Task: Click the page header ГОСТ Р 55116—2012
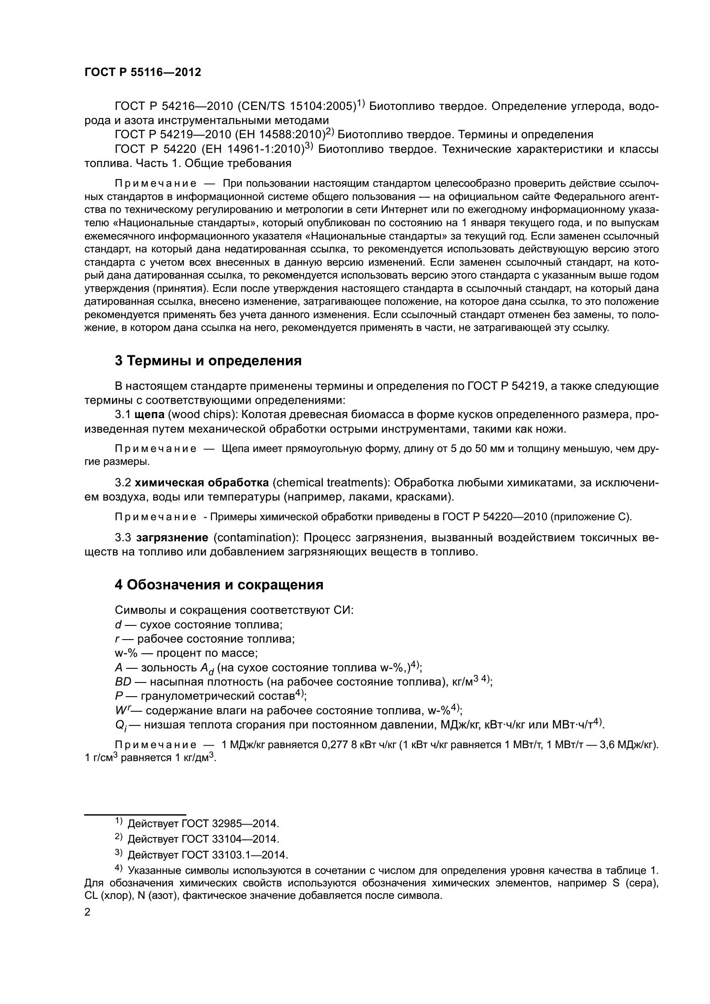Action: click(143, 73)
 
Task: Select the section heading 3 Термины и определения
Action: click(208, 361)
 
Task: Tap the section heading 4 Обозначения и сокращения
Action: click(219, 585)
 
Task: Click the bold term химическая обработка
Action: click(202, 483)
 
